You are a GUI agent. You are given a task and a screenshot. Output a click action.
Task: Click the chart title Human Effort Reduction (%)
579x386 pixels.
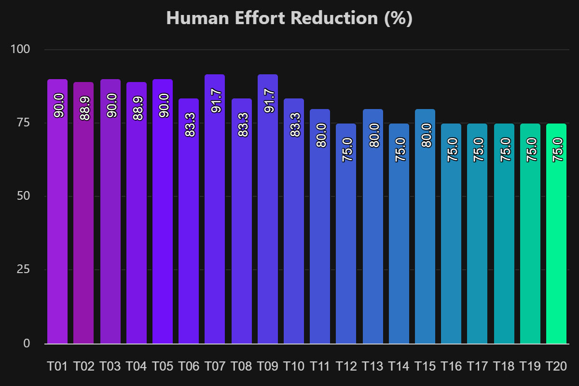pyautogui.click(x=289, y=18)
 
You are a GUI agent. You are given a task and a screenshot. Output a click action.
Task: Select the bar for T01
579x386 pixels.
pyautogui.click(x=57, y=212)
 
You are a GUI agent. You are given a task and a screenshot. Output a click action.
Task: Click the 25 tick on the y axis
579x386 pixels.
pyautogui.click(x=23, y=269)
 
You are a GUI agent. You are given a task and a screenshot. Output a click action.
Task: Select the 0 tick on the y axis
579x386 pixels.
pyautogui.click(x=27, y=343)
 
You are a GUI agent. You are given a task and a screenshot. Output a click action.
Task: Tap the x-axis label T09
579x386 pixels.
pyautogui.click(x=267, y=367)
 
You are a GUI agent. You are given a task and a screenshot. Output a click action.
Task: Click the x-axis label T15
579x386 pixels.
pyautogui.click(x=425, y=367)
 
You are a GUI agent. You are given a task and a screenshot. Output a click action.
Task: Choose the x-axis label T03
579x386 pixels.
pyautogui.click(x=110, y=367)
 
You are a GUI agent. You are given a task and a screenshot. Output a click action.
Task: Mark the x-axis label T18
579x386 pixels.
pyautogui.click(x=504, y=367)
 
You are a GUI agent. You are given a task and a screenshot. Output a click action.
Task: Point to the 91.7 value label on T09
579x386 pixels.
pyautogui.click(x=267, y=100)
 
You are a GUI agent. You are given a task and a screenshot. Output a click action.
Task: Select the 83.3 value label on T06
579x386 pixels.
pyautogui.click(x=189, y=124)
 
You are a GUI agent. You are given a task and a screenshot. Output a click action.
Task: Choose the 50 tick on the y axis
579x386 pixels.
pyautogui.click(x=23, y=196)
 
